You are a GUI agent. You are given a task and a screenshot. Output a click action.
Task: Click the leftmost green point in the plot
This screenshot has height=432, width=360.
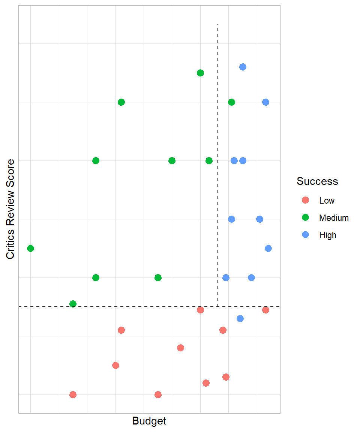coord(31,248)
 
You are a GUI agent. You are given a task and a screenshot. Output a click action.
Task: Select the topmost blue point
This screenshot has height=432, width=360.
coord(243,67)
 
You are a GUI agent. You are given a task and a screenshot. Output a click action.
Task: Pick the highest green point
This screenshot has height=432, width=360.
coord(200,73)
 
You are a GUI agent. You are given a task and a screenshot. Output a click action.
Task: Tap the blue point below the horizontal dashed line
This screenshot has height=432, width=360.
coord(240,318)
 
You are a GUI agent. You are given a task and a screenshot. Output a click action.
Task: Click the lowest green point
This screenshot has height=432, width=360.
coord(73,304)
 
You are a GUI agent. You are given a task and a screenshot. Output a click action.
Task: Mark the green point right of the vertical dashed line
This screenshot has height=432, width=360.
coord(231,102)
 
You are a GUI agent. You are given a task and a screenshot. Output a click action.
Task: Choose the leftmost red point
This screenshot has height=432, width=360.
coord(73,394)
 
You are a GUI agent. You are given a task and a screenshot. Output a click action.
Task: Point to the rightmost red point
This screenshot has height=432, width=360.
coord(265,310)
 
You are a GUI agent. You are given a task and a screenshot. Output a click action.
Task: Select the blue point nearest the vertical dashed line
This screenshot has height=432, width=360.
coord(226,277)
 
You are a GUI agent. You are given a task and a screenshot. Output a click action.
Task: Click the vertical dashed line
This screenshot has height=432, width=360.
coord(217,150)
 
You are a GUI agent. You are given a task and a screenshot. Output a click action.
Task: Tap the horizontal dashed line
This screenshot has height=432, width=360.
coord(112,307)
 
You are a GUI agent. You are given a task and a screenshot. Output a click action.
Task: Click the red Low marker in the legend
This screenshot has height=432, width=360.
coord(305,200)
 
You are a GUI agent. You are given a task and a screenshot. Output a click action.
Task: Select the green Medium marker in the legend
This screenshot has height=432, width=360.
coord(305,217)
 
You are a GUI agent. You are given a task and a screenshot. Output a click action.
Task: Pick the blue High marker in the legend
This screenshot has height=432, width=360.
coord(305,235)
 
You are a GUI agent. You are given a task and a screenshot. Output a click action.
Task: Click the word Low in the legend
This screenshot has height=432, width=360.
coord(327,201)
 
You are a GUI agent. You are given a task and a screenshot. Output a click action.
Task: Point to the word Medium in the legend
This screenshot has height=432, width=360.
coord(334,218)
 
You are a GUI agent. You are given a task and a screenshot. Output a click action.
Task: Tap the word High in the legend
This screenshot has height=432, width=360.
coord(328,235)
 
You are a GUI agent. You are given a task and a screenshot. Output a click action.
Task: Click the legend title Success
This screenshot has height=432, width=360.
coord(317,181)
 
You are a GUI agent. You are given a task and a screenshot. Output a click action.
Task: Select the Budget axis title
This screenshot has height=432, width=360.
coord(149,421)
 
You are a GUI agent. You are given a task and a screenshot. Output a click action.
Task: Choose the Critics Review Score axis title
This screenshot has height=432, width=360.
coord(10,209)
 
